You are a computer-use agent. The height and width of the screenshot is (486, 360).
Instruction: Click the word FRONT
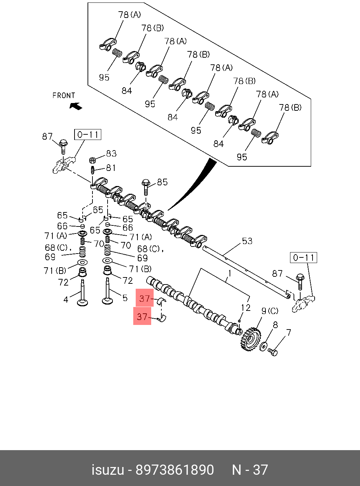pos(64,96)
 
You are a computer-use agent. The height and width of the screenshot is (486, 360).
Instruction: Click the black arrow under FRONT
pos(76,106)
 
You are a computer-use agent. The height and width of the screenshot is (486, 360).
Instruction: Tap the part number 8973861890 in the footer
pos(175,470)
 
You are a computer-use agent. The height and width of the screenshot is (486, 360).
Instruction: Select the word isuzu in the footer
pos(108,470)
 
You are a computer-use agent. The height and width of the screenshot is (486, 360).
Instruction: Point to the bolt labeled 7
pos(273,351)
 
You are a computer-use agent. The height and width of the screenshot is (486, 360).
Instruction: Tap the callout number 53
pos(247,241)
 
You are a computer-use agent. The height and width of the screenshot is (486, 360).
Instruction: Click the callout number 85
pos(162,182)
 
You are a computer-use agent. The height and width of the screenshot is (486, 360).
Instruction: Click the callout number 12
pos(246,308)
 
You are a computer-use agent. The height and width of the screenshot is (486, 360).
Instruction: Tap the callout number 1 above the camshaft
pos(230,273)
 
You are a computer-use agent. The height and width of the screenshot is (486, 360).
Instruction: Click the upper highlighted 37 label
pos(144,299)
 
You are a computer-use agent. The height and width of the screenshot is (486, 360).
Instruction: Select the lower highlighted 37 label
pos(142,316)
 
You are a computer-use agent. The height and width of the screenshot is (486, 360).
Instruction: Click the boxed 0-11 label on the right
pos(303,258)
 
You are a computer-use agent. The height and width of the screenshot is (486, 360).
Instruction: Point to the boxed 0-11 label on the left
pos(88,135)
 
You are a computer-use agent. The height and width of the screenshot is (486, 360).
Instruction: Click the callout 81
pos(111,168)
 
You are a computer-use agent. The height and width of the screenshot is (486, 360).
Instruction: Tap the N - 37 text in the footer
pos(250,470)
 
